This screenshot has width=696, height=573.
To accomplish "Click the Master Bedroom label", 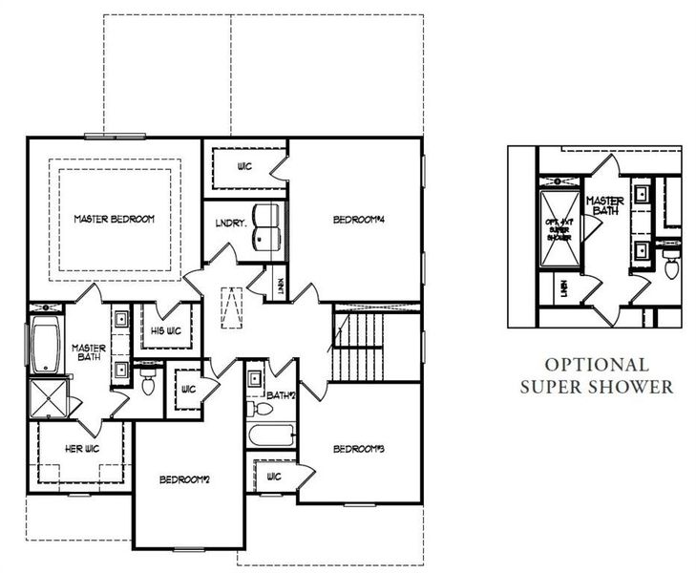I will (115, 220).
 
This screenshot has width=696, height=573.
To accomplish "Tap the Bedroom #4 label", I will (358, 221).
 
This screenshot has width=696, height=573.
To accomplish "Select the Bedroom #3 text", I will (358, 448).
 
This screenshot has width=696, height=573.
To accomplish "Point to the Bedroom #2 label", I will (184, 478).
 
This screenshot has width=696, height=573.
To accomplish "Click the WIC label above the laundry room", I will (244, 166).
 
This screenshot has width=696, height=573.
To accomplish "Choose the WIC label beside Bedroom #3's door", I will (274, 475).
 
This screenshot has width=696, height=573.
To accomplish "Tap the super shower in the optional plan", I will (557, 228).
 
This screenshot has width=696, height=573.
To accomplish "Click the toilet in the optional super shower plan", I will (670, 266).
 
